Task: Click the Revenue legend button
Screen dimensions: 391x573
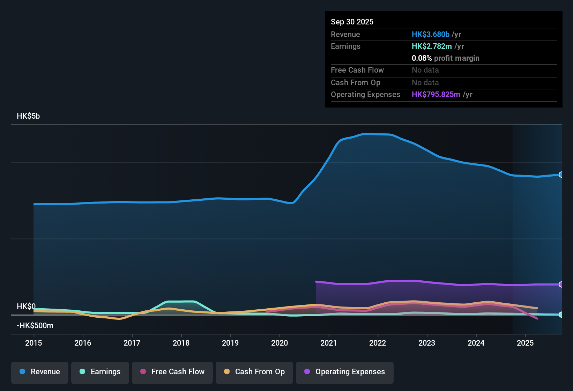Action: (40, 372)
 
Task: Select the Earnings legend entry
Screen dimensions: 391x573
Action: (100, 372)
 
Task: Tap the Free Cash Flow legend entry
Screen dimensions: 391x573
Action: (172, 372)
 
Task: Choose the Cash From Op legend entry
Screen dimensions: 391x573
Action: (254, 372)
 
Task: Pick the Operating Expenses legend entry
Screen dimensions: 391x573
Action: (344, 372)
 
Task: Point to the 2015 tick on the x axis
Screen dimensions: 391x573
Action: (34, 343)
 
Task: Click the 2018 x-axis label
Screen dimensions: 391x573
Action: (181, 343)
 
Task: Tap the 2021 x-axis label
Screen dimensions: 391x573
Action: (328, 343)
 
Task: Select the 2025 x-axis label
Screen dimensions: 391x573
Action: (525, 343)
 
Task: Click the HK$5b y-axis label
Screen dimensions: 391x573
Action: (28, 116)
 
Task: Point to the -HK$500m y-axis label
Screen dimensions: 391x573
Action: (35, 326)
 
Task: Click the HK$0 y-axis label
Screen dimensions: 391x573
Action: (26, 306)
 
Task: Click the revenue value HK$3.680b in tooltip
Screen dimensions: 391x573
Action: (430, 35)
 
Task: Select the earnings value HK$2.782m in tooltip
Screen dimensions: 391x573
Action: (432, 46)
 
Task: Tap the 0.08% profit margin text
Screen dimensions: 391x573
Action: (445, 58)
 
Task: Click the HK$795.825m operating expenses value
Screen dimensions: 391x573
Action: (436, 95)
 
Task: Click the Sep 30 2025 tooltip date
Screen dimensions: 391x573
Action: (352, 22)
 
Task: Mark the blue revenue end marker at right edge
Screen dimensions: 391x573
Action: (561, 175)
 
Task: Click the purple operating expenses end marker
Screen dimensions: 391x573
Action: (561, 285)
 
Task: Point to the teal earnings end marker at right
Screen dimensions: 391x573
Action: (561, 315)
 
